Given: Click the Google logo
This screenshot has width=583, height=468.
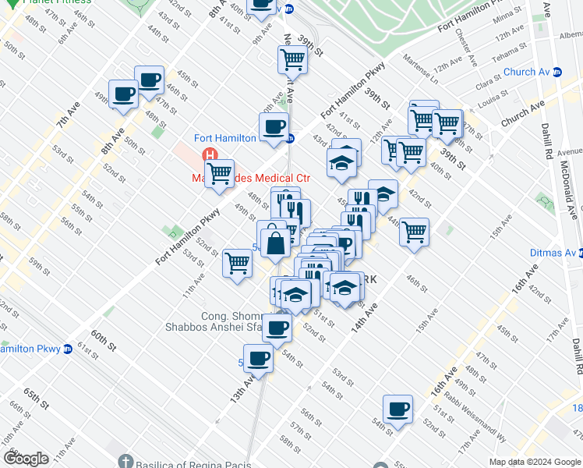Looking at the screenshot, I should pyautogui.click(x=25, y=459).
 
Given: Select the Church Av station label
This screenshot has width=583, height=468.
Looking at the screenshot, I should pyautogui.click(x=526, y=73).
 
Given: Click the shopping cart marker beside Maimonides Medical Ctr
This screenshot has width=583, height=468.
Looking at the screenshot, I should pyautogui.click(x=220, y=174).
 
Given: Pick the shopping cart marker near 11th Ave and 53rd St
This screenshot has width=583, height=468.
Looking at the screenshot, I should pyautogui.click(x=237, y=263).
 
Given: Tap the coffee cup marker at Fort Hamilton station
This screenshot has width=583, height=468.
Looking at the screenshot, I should pyautogui.click(x=274, y=127).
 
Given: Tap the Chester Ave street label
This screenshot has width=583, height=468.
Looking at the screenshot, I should pyautogui.click(x=461, y=48).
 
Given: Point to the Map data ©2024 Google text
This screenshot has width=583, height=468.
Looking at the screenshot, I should pyautogui.click(x=534, y=462).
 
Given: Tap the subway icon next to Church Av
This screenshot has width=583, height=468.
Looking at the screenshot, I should pyautogui.click(x=557, y=73).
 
